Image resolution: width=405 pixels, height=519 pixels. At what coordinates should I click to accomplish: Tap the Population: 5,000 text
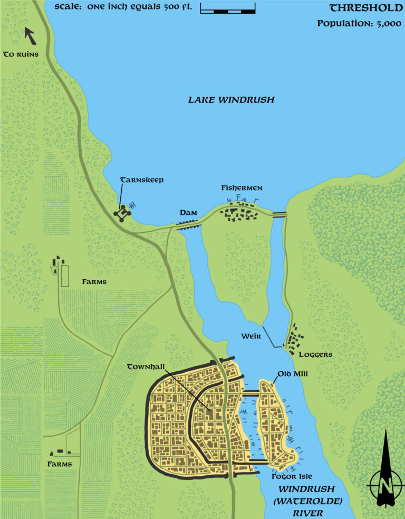coord(359,24)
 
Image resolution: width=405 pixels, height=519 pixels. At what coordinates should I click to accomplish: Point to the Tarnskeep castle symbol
coord(123,213)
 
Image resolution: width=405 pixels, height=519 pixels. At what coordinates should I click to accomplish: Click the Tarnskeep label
coord(142,180)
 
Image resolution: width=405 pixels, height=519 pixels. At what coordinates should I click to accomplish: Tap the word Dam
coord(188,212)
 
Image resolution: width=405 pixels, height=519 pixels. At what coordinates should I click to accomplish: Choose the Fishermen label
coord(242,188)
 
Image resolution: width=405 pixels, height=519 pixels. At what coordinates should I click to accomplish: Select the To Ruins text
coord(21,54)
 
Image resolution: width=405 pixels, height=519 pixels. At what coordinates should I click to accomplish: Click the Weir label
coord(251,336)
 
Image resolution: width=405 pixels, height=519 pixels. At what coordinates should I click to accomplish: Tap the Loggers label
coord(315,354)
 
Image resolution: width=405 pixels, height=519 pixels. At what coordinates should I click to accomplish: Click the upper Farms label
coord(94,282)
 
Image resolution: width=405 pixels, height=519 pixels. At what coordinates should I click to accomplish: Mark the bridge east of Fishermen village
coord(279,213)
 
